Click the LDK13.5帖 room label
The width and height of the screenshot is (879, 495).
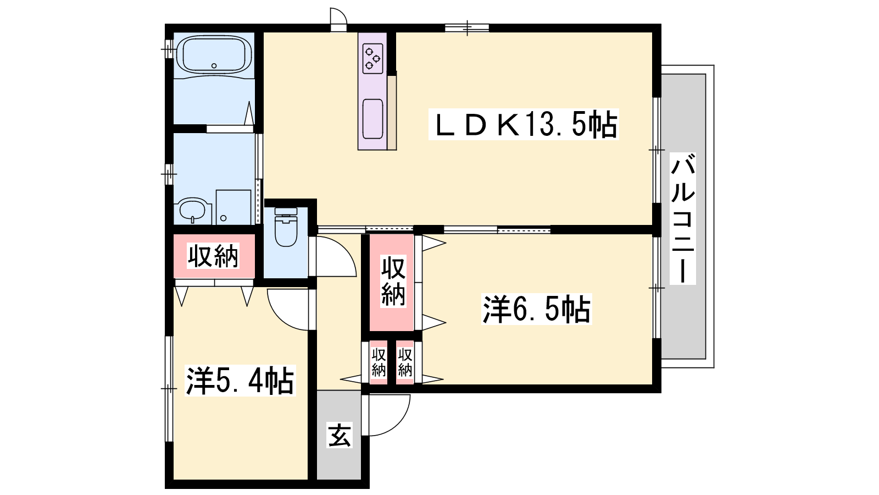pyautogui.click(x=524, y=124)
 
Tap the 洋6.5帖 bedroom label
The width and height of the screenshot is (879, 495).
pyautogui.click(x=536, y=309)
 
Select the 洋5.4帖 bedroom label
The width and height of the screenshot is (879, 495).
pyautogui.click(x=240, y=381)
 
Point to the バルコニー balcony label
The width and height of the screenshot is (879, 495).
pyautogui.click(x=683, y=218)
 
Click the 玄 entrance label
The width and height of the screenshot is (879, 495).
pyautogui.click(x=340, y=435)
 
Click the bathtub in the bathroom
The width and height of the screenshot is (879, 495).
pyautogui.click(x=214, y=54)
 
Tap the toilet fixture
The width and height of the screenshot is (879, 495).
pyautogui.click(x=286, y=227)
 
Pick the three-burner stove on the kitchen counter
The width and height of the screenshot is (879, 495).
pyautogui.click(x=373, y=58)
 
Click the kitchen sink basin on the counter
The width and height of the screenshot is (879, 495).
pyautogui.click(x=373, y=119)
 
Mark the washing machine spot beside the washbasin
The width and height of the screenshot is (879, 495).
pyautogui.click(x=233, y=207)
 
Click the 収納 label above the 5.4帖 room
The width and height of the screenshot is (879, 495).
pyautogui.click(x=213, y=256)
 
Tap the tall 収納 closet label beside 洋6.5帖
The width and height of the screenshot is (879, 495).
pyautogui.click(x=393, y=281)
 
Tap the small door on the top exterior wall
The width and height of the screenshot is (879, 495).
pyautogui.click(x=338, y=19)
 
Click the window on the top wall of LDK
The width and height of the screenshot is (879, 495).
pyautogui.click(x=467, y=28)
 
